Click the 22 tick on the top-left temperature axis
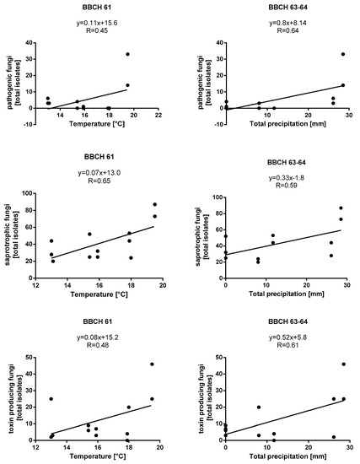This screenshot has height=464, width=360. (x=159, y=116)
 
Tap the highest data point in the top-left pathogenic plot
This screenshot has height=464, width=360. (x=128, y=54)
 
